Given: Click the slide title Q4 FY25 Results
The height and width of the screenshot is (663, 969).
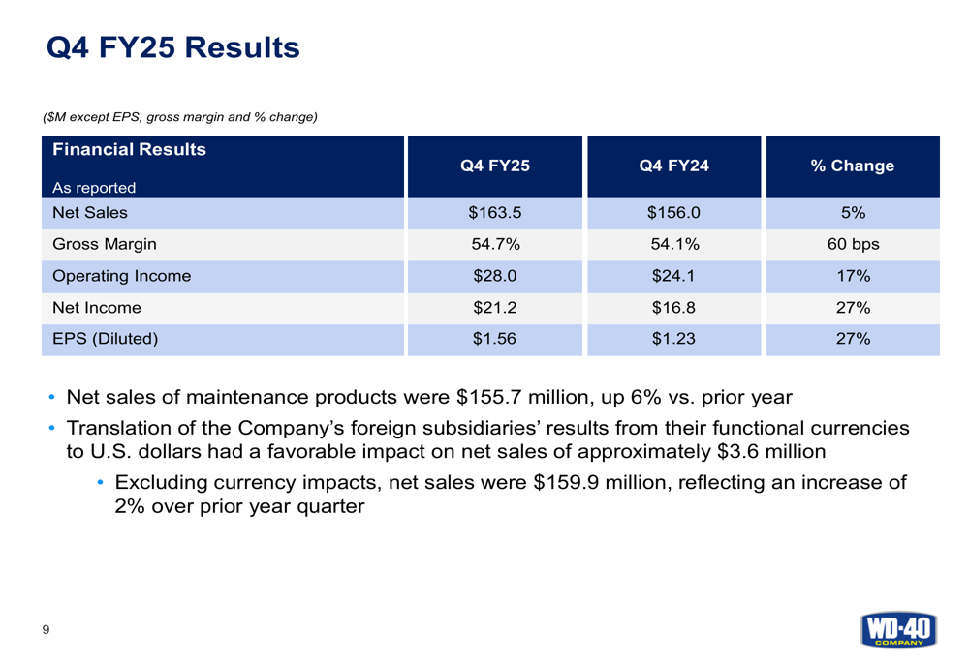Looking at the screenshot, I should point(173,46).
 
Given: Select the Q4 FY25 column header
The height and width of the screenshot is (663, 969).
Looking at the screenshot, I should point(494,166).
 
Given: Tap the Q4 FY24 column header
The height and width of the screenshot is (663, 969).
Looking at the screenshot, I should point(674,166).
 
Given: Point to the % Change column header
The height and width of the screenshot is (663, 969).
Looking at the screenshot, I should point(853,166).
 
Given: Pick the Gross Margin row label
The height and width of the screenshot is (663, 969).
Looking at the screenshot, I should point(105,244).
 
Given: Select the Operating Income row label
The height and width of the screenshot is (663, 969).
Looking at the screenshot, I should point(122,276).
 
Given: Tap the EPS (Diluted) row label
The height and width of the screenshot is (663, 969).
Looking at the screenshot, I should point(105,339).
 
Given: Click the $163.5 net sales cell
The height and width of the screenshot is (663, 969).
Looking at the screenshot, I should point(494,213).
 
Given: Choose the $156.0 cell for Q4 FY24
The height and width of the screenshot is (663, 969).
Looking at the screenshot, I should point(674,213).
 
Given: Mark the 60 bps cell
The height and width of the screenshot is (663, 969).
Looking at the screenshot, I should point(853,244).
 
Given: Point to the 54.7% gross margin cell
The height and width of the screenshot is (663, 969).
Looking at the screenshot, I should point(494,244).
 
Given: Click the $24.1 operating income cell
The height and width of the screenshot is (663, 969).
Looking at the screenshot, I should point(674,276).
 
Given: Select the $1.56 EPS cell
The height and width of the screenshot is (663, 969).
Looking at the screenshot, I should point(494,339).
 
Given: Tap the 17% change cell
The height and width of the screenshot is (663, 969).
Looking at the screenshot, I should point(853,276).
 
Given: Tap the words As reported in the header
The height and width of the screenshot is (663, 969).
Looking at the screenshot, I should point(95,188).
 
